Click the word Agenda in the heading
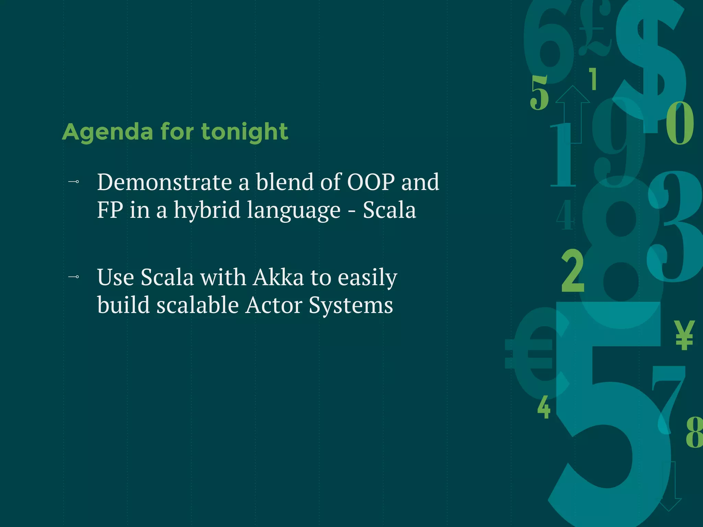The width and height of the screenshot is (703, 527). point(107,132)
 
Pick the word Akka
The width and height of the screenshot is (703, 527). point(278,277)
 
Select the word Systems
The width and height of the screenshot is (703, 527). point(350,305)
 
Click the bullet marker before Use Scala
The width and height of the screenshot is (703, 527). point(74,277)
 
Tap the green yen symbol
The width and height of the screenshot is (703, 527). point(684,335)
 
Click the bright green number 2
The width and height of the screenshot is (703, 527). point(573,271)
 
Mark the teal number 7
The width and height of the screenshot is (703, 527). point(668,395)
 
